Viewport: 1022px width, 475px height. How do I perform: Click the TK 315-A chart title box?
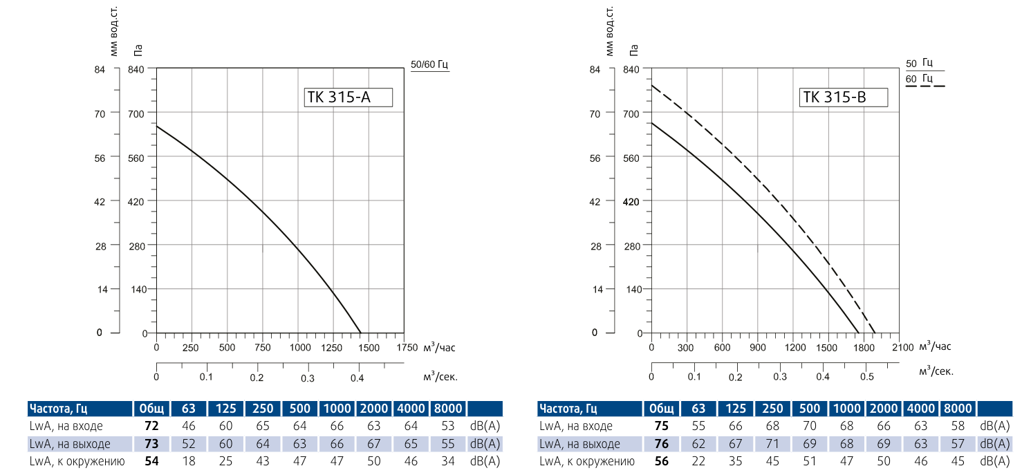[348, 97]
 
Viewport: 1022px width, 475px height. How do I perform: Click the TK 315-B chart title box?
[843, 97]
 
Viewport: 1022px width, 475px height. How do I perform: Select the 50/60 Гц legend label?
[429, 65]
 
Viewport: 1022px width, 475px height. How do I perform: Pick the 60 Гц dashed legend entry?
[924, 80]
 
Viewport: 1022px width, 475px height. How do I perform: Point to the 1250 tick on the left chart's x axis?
[332, 348]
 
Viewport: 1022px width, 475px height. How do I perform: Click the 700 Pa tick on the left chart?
[138, 113]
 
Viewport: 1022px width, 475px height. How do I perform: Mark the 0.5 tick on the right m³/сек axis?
[866, 377]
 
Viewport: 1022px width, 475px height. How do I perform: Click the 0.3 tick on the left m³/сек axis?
[308, 378]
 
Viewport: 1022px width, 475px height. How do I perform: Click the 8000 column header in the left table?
[449, 409]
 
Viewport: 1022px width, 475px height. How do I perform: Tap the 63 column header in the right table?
[699, 409]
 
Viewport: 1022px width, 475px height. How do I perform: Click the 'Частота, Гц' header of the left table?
[59, 409]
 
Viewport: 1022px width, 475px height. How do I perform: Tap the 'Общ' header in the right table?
[662, 409]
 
